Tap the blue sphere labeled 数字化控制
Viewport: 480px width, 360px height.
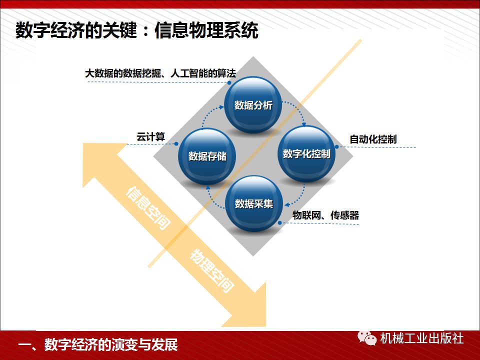pyautogui.click(x=306, y=153)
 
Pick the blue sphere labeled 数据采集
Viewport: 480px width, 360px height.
pyautogui.click(x=253, y=203)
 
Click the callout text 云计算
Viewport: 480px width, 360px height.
pyautogui.click(x=150, y=137)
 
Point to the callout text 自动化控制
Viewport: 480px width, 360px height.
pyautogui.click(x=373, y=139)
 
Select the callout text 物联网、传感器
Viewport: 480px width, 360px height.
pyautogui.click(x=325, y=215)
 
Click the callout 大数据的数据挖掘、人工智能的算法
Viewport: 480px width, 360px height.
pyautogui.click(x=160, y=73)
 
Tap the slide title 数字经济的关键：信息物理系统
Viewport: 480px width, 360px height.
pyautogui.click(x=137, y=31)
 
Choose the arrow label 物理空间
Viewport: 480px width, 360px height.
pyautogui.click(x=212, y=270)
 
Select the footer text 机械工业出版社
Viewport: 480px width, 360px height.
pyautogui.click(x=421, y=338)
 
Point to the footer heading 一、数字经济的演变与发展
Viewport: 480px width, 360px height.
pyautogui.click(x=97, y=345)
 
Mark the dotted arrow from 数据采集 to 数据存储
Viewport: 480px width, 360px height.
pyautogui.click(x=213, y=196)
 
